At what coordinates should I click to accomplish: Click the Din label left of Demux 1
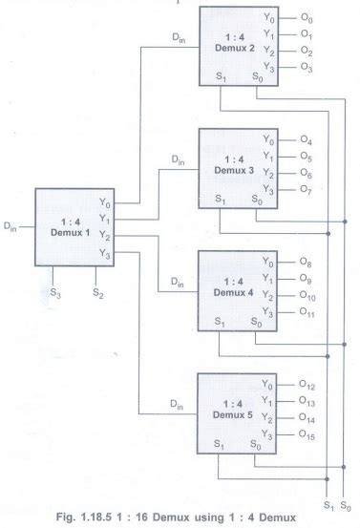coord(11,226)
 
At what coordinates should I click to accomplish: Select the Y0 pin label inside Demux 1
coord(103,201)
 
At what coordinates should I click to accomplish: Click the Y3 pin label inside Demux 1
coord(103,252)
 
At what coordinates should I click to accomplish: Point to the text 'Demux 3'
coord(231,169)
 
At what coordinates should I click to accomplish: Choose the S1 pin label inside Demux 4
coord(221,321)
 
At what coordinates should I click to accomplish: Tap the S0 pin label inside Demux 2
coord(254,74)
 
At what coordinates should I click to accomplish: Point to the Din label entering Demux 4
coord(178,282)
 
